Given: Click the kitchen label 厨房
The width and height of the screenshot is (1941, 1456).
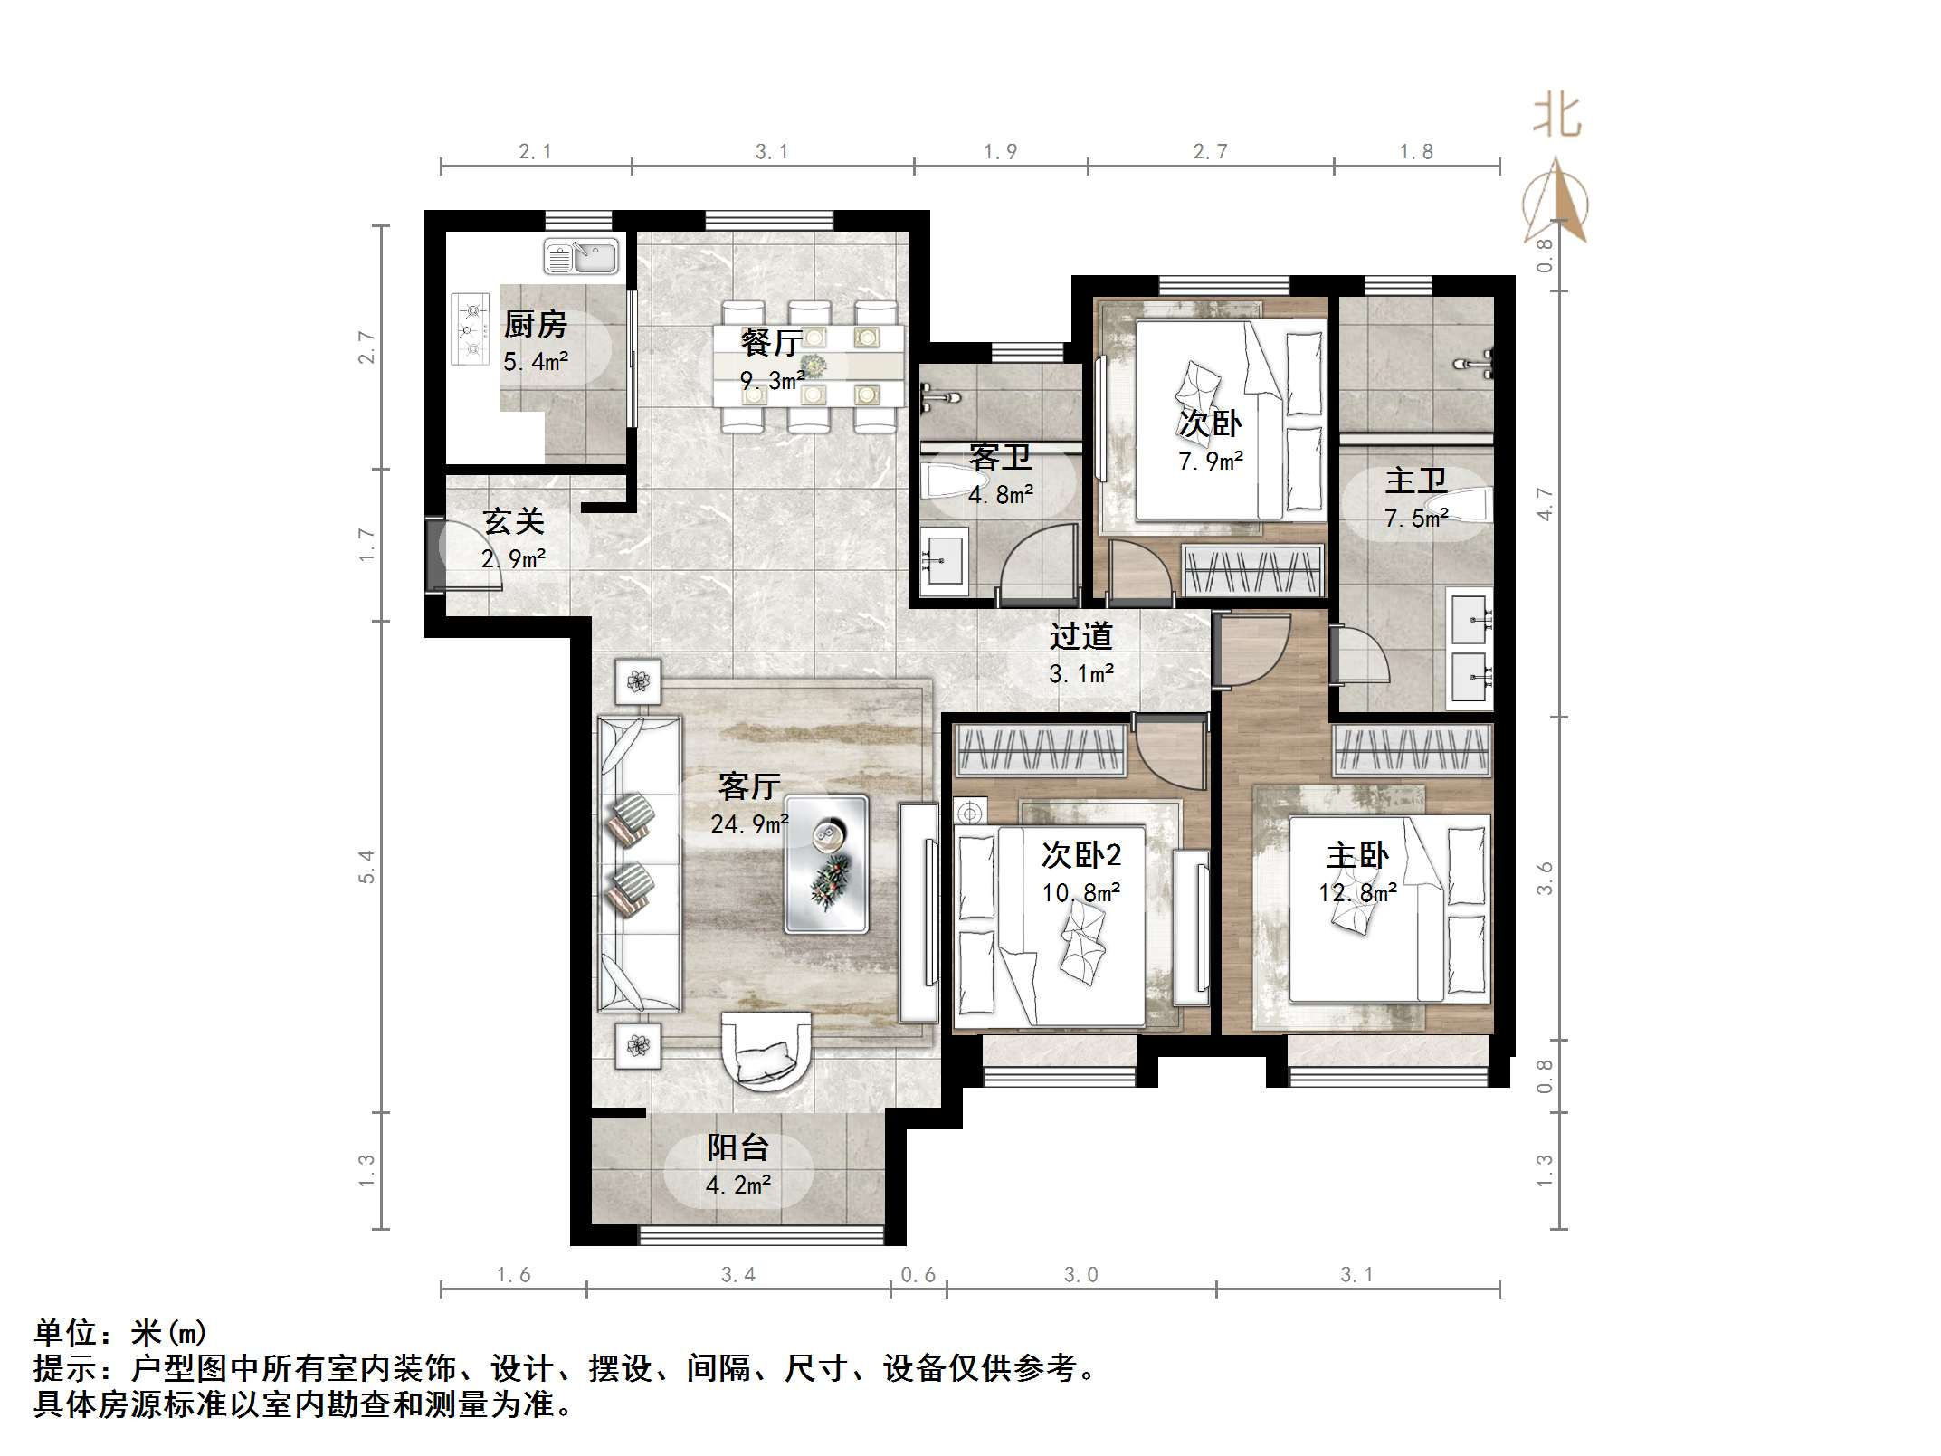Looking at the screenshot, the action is click(535, 324).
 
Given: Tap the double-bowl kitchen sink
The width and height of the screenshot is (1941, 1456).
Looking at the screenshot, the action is click(581, 257).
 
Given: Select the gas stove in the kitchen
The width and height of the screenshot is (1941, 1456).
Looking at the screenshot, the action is click(471, 329).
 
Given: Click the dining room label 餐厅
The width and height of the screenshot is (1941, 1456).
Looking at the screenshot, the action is click(771, 342).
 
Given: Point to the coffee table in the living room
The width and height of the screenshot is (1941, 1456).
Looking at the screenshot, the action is click(826, 864).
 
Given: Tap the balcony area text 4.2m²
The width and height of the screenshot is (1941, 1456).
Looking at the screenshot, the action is click(738, 1185).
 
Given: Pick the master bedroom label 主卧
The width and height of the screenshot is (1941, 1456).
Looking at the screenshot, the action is click(1357, 855).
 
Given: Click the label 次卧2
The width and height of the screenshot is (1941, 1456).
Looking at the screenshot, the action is click(1081, 854).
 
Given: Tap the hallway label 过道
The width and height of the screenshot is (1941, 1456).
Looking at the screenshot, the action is click(1080, 636).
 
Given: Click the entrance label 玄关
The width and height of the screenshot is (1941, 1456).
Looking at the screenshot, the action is click(513, 521).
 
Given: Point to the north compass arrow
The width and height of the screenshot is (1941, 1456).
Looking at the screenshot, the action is click(1556, 201).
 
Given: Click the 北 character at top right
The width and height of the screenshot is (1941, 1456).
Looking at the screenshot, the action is click(1556, 116).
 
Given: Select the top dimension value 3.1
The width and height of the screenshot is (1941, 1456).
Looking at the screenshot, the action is click(772, 152).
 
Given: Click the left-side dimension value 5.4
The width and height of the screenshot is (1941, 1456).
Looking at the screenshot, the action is click(366, 867).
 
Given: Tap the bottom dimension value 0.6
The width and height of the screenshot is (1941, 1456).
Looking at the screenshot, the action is click(918, 1275).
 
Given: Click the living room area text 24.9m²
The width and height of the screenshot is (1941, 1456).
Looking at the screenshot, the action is click(749, 824).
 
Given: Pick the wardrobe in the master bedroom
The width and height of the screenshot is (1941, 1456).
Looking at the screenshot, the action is click(1412, 749).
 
